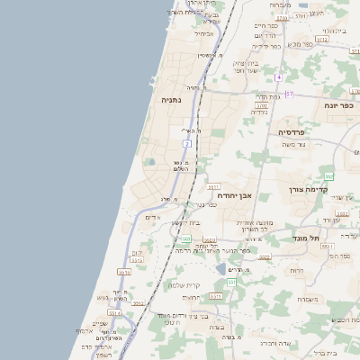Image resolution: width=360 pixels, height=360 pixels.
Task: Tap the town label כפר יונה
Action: (x=338, y=106)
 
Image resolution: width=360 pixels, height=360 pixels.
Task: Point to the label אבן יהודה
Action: (x=234, y=195)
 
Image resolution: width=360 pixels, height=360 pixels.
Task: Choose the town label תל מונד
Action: (x=308, y=238)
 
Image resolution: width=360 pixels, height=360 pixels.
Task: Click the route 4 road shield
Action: (x=279, y=78)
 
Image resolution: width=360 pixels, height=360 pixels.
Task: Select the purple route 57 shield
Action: (x=289, y=93)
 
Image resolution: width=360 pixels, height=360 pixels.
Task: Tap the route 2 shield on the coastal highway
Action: (x=186, y=143)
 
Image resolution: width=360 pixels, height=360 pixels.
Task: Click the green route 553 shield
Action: (x=329, y=176)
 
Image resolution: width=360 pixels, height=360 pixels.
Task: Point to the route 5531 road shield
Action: (x=328, y=246)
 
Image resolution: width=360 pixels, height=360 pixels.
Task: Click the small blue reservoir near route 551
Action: (x=220, y=268)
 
